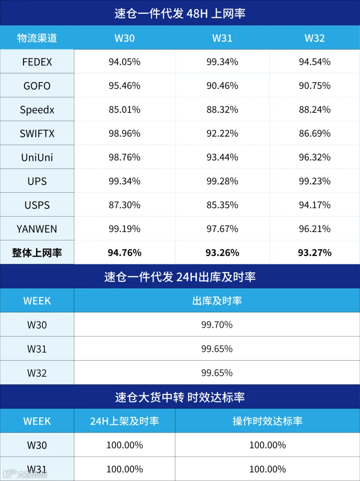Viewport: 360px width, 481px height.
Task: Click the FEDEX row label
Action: [37, 62]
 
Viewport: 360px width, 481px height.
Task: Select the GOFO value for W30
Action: [124, 86]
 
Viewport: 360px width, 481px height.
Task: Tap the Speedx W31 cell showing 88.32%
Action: [222, 110]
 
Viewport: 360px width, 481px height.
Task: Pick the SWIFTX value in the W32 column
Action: [315, 134]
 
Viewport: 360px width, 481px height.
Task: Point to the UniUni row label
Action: [37, 158]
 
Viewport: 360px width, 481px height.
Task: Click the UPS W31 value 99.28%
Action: [222, 181]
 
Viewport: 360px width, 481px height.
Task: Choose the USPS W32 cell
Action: [315, 205]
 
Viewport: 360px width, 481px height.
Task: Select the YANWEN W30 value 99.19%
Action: [124, 229]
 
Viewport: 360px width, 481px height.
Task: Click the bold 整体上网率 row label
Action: [37, 253]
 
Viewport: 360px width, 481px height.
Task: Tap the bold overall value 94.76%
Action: [124, 253]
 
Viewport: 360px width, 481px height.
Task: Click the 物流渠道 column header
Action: [37, 38]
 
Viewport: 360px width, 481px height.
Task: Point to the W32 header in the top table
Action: [315, 38]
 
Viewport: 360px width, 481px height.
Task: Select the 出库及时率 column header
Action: [217, 301]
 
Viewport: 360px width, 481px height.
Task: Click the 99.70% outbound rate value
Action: [217, 325]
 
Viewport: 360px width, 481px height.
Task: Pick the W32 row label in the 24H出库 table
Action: [37, 373]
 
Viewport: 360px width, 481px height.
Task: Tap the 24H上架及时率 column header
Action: [124, 421]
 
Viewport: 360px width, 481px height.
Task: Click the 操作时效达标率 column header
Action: [268, 421]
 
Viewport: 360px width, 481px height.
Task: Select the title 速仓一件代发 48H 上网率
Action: [180, 13]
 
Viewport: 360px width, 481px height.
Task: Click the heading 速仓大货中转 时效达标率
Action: [180, 397]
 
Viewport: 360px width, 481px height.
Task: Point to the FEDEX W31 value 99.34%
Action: [222, 62]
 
